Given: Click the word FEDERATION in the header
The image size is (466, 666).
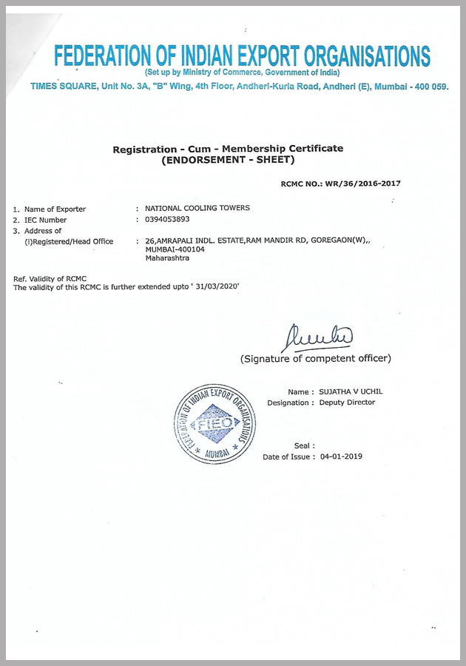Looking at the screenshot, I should click(103, 55).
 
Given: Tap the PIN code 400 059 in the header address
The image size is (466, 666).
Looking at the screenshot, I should click(429, 87).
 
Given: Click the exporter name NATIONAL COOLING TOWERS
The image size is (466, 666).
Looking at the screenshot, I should click(197, 208).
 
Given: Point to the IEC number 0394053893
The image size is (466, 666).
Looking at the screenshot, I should click(167, 220).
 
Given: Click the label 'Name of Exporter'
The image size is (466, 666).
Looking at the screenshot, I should click(55, 209).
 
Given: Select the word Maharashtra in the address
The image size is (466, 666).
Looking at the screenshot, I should click(167, 258).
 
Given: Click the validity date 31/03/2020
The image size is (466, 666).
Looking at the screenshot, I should click(216, 286).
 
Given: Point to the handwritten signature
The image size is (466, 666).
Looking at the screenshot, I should click(317, 337).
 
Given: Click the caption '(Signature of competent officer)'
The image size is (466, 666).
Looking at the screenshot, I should click(316, 359).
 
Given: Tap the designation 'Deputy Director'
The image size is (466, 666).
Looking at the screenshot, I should click(347, 403).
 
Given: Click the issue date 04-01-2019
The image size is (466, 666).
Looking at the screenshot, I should click(341, 457).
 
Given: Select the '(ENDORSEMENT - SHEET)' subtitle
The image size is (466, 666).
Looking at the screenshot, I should click(228, 160).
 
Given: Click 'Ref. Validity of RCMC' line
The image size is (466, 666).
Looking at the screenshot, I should click(50, 278).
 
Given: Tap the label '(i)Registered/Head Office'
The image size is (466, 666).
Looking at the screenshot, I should click(69, 241).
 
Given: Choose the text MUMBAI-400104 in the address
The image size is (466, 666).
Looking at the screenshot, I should click(175, 249).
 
